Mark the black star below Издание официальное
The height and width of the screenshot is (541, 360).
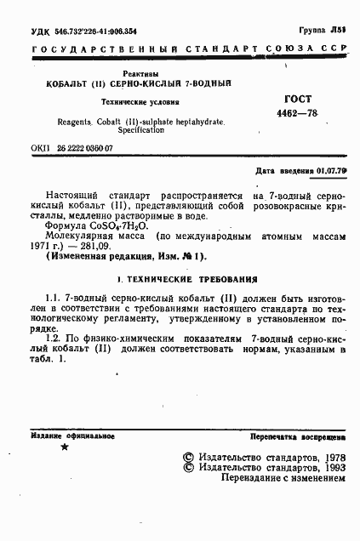[x=65, y=447]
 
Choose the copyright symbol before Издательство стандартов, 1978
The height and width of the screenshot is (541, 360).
[x=189, y=456]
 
